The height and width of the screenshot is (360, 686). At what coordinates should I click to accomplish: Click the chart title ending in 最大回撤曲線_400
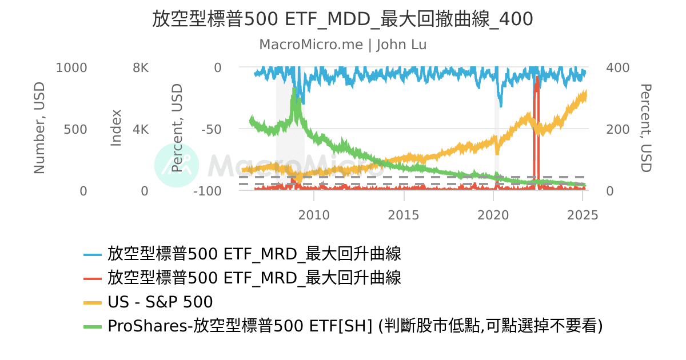point(342,19)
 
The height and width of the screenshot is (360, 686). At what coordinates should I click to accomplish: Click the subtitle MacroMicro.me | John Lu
point(342,45)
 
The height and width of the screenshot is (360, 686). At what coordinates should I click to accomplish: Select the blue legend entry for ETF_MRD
point(254,253)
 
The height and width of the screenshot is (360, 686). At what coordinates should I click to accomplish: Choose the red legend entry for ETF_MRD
point(254,278)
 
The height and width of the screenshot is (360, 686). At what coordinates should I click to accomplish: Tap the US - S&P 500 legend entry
point(160,302)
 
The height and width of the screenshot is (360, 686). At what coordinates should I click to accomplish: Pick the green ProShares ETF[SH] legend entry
point(354,326)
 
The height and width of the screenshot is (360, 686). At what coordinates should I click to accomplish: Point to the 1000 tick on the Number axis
point(72,68)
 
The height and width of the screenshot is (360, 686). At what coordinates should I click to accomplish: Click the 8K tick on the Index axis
point(141,68)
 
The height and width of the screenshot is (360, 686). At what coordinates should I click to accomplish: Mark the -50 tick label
point(209,129)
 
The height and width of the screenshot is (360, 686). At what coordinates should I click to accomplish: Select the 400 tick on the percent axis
point(617,68)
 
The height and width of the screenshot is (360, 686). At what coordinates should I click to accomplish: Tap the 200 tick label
point(617,129)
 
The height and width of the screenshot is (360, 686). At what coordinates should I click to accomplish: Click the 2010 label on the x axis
point(314,215)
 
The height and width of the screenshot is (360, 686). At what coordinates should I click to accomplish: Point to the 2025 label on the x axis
point(583,215)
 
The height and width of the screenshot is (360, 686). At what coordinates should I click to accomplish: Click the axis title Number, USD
point(39,128)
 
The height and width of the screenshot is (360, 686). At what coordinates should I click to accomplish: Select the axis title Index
point(116,128)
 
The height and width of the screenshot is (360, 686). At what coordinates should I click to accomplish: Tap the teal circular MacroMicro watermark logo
point(177,165)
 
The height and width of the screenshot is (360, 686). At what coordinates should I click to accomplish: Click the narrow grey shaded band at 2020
point(496,143)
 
